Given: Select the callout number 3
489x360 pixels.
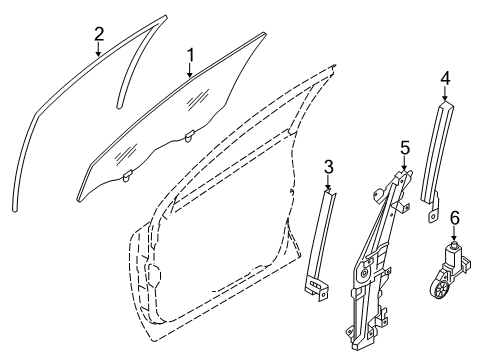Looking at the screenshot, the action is pyautogui.click(x=329, y=167).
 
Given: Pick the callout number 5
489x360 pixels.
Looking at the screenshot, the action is pyautogui.click(x=405, y=149).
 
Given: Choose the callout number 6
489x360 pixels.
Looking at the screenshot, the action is pyautogui.click(x=454, y=243).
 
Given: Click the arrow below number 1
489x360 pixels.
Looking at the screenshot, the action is pyautogui.click(x=189, y=70).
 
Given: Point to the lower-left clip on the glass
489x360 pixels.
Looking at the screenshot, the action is pyautogui.click(x=127, y=177).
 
